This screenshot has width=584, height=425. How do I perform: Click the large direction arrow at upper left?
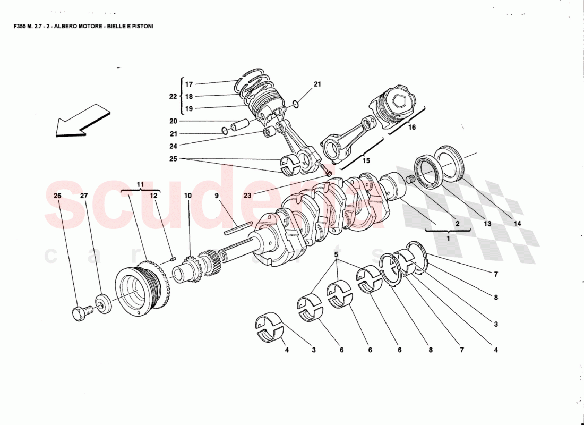[82, 121]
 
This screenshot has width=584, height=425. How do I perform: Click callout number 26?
[57, 195]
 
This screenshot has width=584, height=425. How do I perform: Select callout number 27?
[83, 195]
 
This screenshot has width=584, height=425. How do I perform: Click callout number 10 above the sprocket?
[188, 195]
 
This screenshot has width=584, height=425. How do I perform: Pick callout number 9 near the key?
[217, 195]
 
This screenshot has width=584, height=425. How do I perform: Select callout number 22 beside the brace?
[173, 96]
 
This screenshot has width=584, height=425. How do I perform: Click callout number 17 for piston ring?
[189, 84]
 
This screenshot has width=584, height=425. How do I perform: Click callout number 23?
[248, 195]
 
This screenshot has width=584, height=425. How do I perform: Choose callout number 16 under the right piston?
[412, 127]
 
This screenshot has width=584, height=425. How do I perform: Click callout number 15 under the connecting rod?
[366, 159]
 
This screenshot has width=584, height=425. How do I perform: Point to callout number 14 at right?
[517, 224]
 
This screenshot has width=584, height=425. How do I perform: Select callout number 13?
[487, 224]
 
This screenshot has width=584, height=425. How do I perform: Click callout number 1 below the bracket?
[448, 239]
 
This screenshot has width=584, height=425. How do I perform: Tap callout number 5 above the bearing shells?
[336, 254]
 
